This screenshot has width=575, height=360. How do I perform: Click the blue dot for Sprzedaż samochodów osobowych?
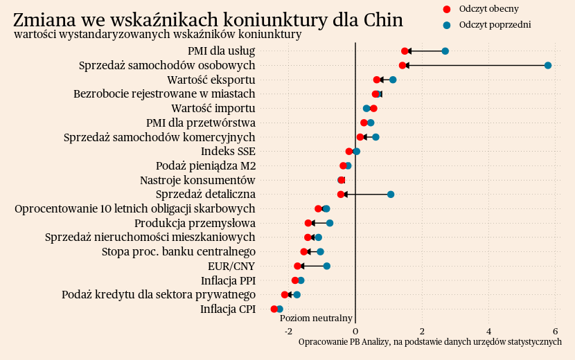point(548,65)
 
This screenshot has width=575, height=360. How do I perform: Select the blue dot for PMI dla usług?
point(445,51)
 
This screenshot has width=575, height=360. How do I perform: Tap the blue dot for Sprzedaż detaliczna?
point(391,195)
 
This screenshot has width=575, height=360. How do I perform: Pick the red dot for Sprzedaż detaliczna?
point(340,195)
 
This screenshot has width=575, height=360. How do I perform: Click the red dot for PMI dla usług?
point(405,51)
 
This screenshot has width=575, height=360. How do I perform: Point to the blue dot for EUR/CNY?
point(327,266)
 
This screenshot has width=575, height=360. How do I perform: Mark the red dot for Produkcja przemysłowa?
point(308,223)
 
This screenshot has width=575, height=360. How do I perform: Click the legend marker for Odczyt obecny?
point(447,9)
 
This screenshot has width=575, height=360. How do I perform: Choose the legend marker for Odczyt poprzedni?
point(447,25)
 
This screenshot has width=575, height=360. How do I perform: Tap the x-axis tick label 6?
point(556,331)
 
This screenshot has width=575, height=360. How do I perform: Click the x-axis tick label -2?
point(288,331)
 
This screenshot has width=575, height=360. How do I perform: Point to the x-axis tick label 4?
point(489,331)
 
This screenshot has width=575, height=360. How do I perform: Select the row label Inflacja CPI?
point(228,309)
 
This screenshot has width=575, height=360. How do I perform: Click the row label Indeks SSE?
point(228,152)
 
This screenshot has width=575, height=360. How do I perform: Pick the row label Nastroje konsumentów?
point(197,180)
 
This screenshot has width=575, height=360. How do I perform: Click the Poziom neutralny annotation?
point(316,318)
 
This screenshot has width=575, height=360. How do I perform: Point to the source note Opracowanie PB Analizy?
point(430,342)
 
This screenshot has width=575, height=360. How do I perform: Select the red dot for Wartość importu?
point(373,108)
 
